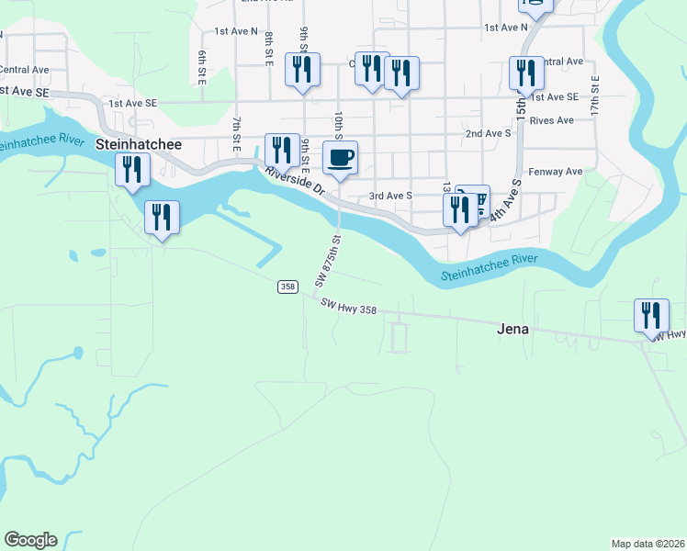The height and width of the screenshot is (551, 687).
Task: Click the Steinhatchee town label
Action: point(139,145)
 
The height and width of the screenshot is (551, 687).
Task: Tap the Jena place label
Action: point(512,328)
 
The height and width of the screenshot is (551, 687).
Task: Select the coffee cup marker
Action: point(340,158)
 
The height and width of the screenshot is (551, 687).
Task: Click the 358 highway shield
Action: point(288,287)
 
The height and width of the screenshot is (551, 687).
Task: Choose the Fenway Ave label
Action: point(557,172)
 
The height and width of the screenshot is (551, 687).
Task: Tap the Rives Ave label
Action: point(551,120)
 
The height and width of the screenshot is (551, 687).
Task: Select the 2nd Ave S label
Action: point(488,133)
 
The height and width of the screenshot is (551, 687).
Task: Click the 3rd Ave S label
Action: point(390,196)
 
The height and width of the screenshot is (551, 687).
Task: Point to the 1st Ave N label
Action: point(236,30)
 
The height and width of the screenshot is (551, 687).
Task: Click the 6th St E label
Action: point(200,67)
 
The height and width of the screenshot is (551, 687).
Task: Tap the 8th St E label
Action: point(269,49)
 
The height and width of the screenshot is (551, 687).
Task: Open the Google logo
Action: point(30,540)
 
